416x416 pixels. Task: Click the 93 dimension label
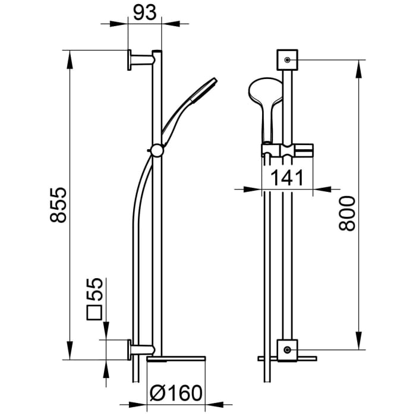coord(144,13)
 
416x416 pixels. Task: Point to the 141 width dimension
coord(288,177)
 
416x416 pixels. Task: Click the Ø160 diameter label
coord(176,393)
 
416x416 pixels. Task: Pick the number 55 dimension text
coord(96,289)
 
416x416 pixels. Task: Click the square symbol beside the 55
coord(96,313)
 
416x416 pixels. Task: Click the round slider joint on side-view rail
coord(156,150)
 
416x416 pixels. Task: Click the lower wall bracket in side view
coord(140,349)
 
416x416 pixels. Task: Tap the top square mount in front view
coord(287,60)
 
